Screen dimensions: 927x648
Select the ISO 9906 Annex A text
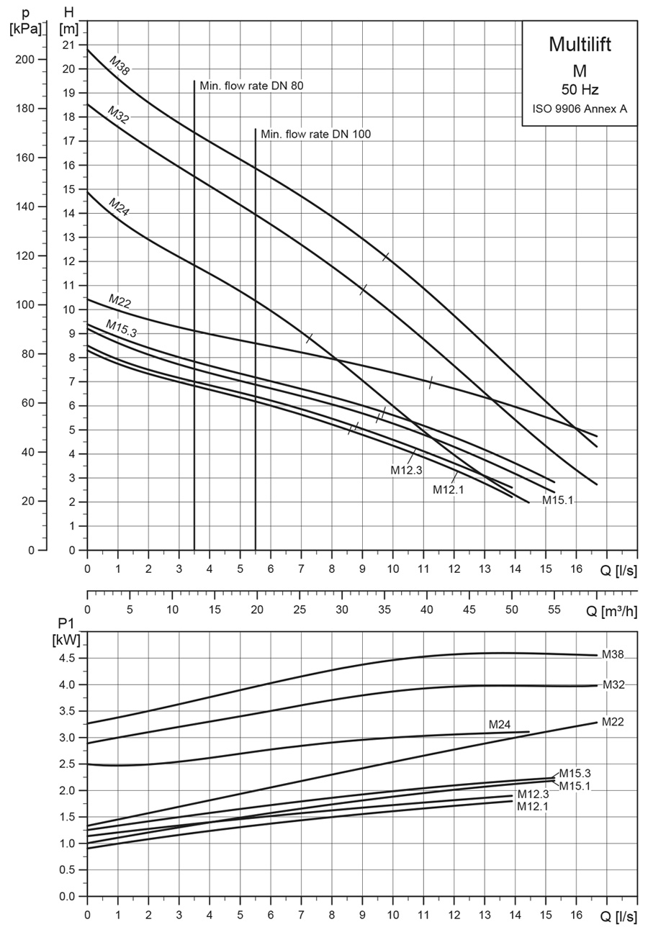pyautogui.click(x=579, y=109)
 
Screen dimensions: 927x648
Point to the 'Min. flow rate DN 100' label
pyautogui.click(x=316, y=134)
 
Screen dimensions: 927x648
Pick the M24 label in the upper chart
pyautogui.click(x=119, y=204)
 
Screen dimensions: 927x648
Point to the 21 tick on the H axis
pyautogui.click(x=69, y=45)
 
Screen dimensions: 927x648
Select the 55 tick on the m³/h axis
pyautogui.click(x=554, y=610)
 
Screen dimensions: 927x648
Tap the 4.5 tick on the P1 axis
pyautogui.click(x=68, y=658)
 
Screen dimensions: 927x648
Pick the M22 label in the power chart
pyautogui.click(x=612, y=721)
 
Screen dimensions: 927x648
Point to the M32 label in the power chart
pyautogui.click(x=613, y=684)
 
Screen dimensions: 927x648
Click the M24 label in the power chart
pyautogui.click(x=500, y=724)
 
